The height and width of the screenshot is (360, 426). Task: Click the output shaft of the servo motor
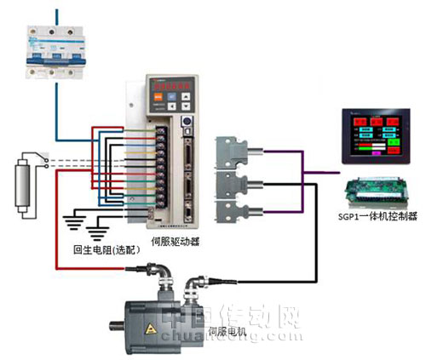[x=118, y=323]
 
